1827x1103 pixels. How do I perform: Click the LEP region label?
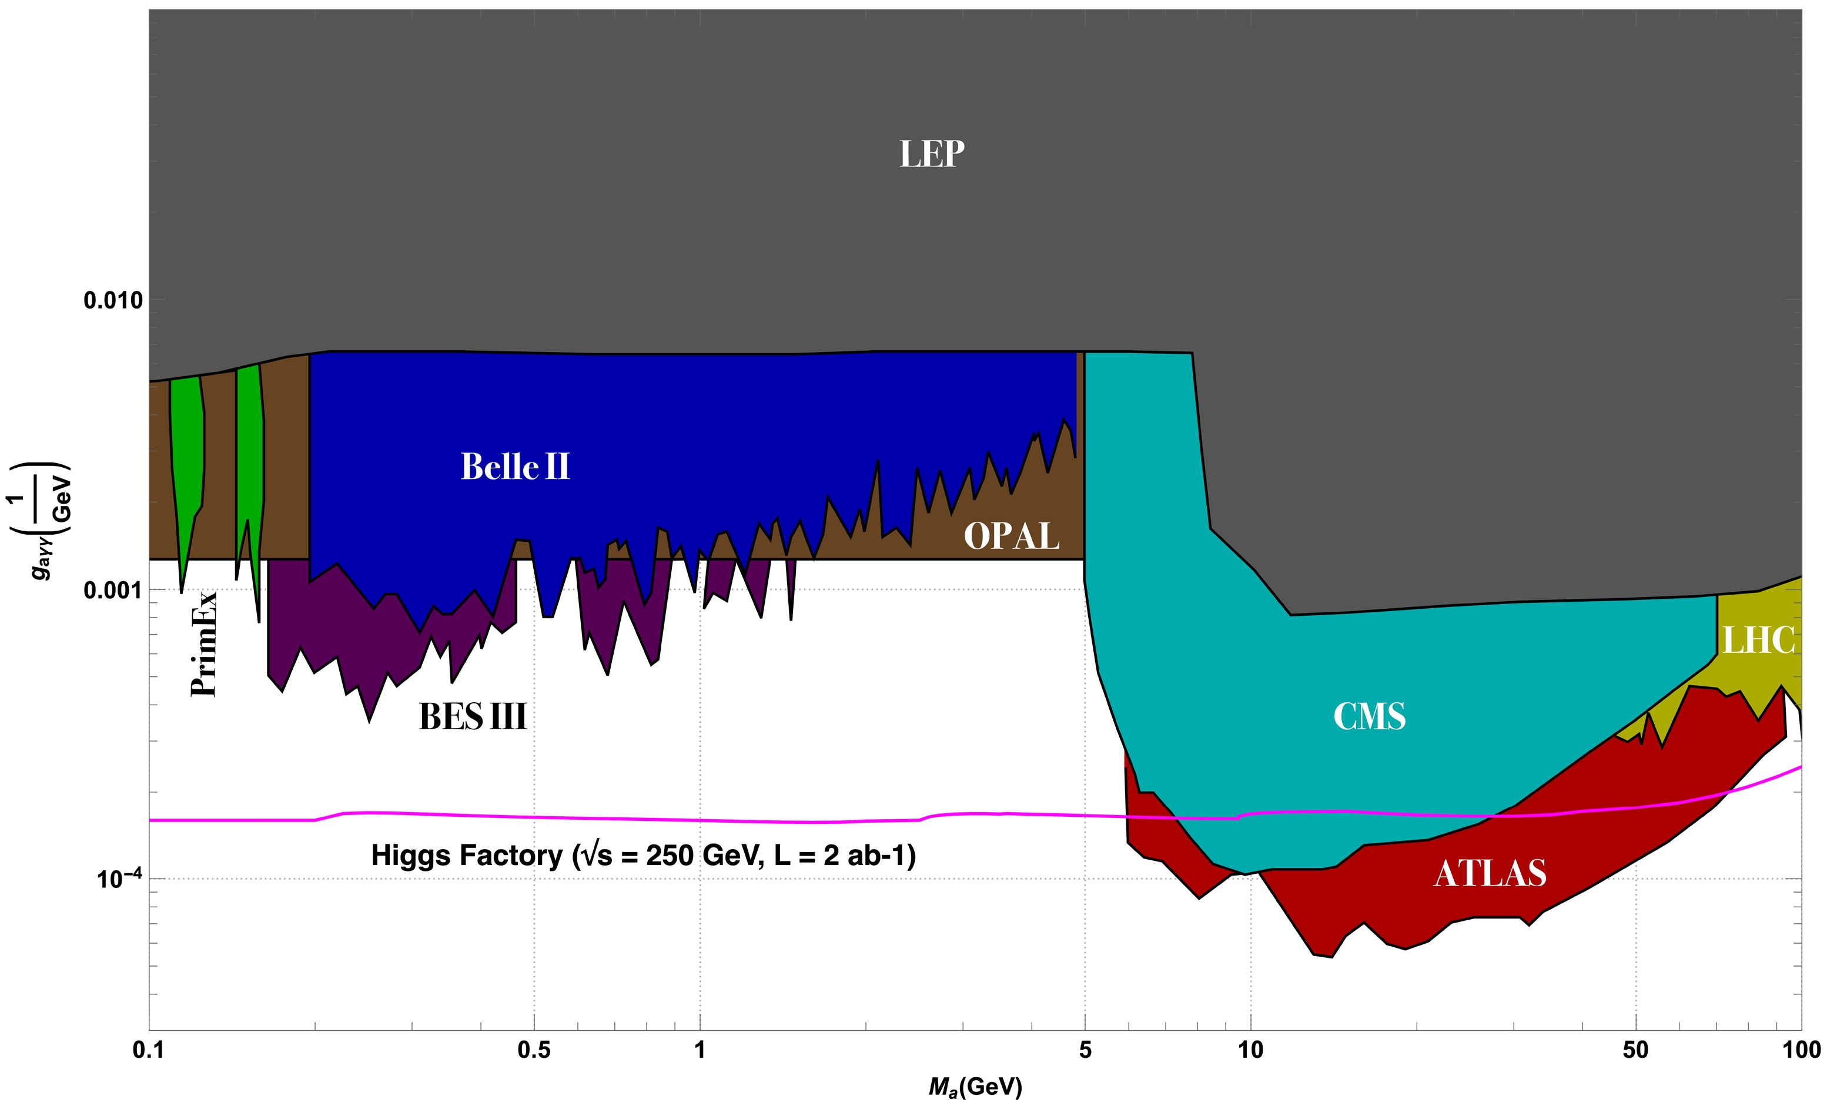931,154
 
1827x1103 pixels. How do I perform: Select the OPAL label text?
1011,536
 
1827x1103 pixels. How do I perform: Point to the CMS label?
1368,716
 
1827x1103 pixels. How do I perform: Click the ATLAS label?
1490,873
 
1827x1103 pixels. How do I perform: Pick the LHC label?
1758,641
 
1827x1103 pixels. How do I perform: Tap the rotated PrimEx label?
204,643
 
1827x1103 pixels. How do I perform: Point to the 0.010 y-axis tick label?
113,300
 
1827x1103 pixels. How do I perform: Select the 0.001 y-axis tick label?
113,590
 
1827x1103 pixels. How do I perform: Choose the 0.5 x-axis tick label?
534,1050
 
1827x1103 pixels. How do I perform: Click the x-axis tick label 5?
1085,1050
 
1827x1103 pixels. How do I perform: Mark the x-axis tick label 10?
1250,1050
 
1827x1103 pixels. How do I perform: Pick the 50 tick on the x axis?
1635,1050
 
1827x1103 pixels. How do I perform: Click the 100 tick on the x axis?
1801,1050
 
